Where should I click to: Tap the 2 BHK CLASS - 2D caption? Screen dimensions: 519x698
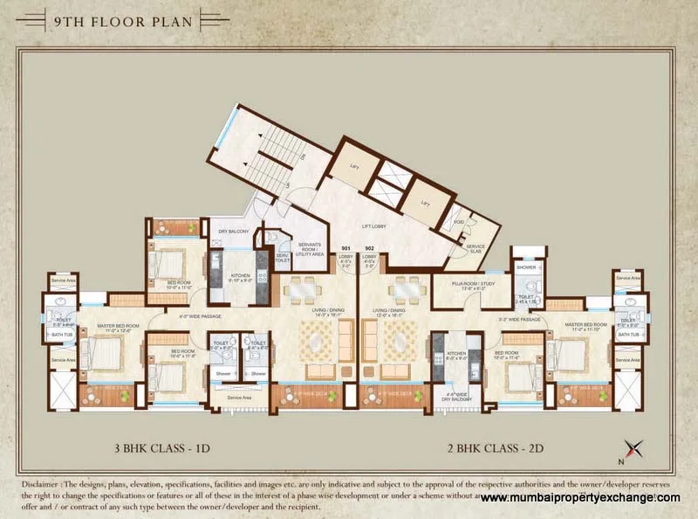[x=503, y=450]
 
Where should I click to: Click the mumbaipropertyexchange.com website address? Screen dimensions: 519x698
[x=580, y=497]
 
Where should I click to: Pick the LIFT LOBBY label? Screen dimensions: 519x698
[x=373, y=225]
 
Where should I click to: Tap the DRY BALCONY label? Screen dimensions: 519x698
[x=234, y=232]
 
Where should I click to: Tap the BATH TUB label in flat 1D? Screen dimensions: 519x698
[x=63, y=335]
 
